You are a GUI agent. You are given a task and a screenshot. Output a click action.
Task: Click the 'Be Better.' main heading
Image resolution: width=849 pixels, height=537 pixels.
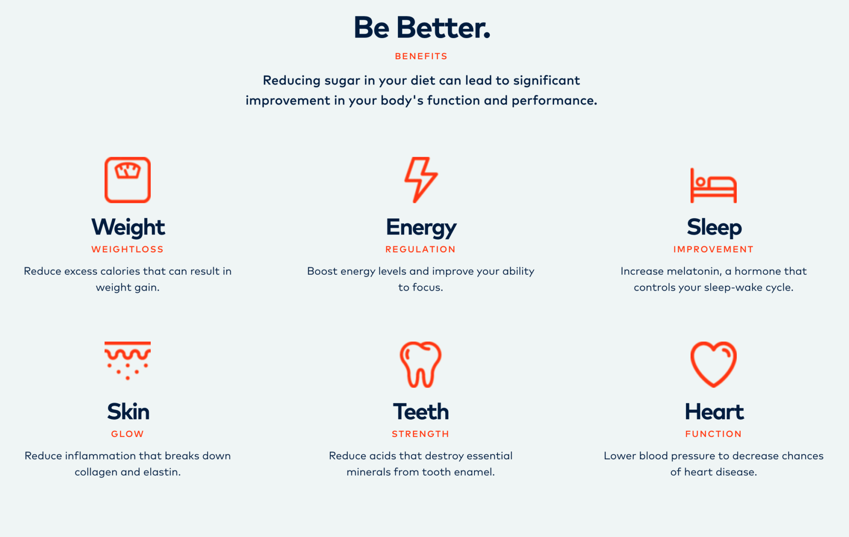tap(422, 27)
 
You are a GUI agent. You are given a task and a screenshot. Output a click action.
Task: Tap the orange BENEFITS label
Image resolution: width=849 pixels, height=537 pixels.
tap(421, 56)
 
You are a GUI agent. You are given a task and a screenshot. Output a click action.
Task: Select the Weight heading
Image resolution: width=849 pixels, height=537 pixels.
tap(128, 227)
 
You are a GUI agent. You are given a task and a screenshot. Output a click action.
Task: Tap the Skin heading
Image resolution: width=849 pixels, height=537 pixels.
tap(128, 412)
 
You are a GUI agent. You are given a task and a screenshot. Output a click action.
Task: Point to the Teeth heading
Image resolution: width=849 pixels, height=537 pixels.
tap(421, 412)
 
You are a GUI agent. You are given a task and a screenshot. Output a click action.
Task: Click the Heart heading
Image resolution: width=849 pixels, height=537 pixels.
tap(714, 412)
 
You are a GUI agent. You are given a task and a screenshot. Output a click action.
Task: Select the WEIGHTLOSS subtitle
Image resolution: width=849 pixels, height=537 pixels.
tap(127, 249)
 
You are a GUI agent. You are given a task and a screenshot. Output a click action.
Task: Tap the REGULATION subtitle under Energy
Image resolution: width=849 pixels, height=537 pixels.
tap(421, 249)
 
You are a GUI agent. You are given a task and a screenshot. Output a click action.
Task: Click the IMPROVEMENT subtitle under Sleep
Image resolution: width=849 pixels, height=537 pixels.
tap(713, 249)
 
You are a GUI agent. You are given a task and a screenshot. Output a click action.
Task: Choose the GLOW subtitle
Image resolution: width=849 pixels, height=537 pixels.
tap(127, 434)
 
